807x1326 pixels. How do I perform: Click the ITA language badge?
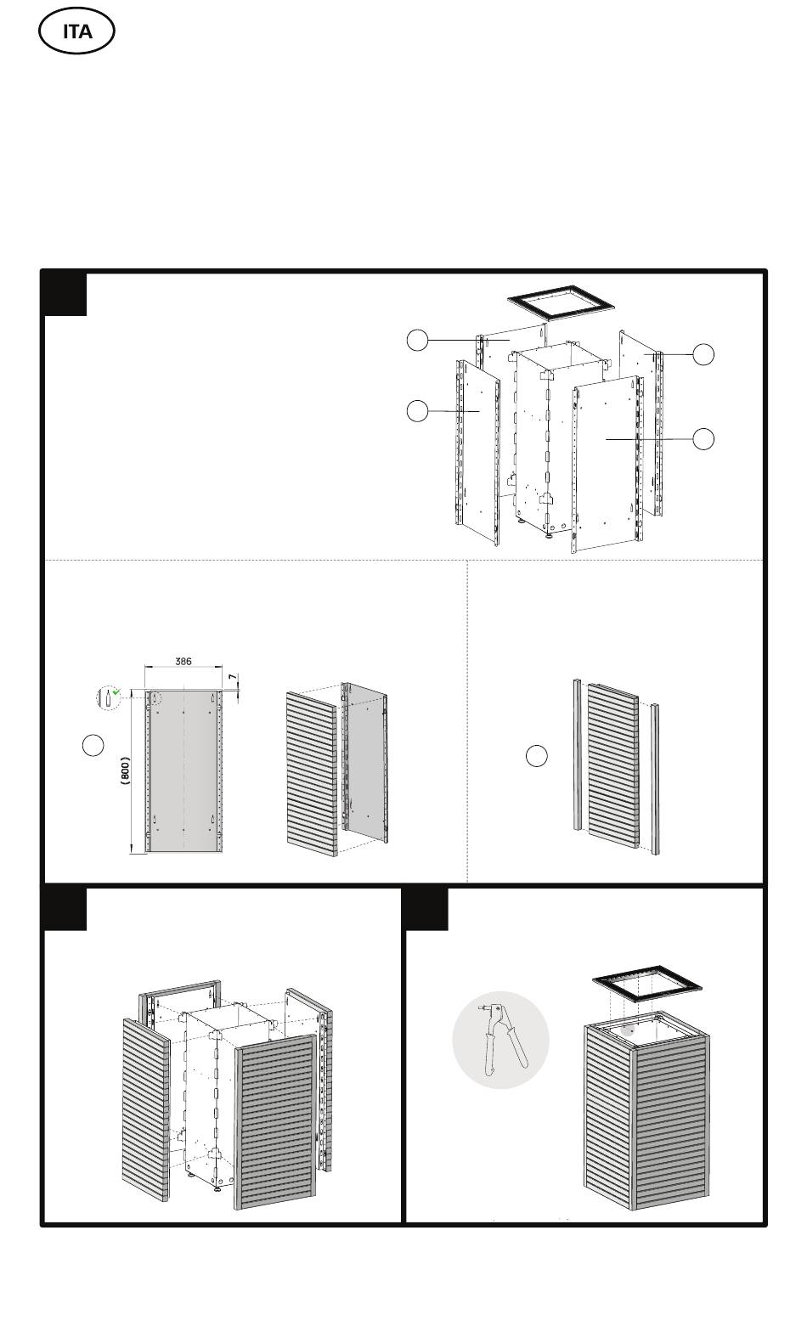pyautogui.click(x=76, y=31)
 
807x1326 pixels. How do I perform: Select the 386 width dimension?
pyautogui.click(x=183, y=661)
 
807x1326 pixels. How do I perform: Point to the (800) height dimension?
pyautogui.click(x=125, y=770)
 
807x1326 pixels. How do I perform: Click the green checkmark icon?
pyautogui.click(x=116, y=691)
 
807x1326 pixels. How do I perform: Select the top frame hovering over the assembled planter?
pyautogui.click(x=646, y=984)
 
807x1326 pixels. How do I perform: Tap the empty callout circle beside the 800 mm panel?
pyautogui.click(x=93, y=745)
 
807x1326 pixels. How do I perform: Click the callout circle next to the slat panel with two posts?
pyautogui.click(x=536, y=756)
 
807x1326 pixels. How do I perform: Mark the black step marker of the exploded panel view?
pyautogui.click(x=65, y=294)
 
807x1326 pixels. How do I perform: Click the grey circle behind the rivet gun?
pyautogui.click(x=501, y=1040)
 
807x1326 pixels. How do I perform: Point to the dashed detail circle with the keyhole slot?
pyautogui.click(x=108, y=697)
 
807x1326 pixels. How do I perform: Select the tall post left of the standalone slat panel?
pyautogui.click(x=578, y=755)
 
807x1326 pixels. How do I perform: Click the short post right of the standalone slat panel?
pyautogui.click(x=655, y=778)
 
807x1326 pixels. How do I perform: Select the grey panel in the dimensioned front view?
pyautogui.click(x=184, y=770)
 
